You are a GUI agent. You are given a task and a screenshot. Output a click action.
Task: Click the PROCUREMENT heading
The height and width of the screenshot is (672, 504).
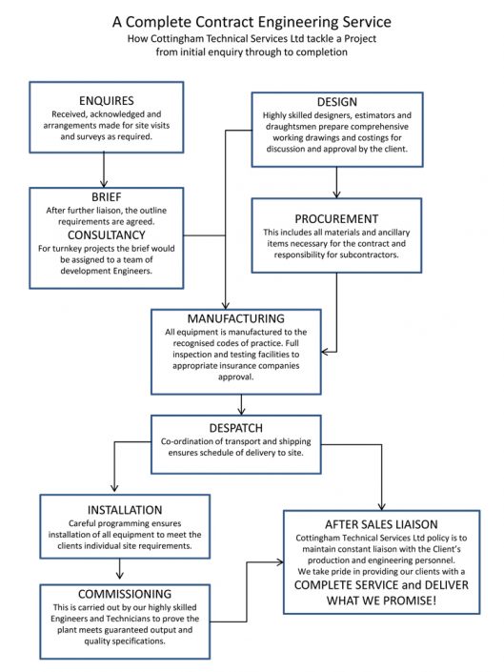coord(336,218)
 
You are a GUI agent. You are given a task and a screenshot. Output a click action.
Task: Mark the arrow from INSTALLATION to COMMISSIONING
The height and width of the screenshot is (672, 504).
coord(120,568)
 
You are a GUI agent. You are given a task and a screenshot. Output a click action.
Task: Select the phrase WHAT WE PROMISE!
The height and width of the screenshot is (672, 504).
coord(381,601)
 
